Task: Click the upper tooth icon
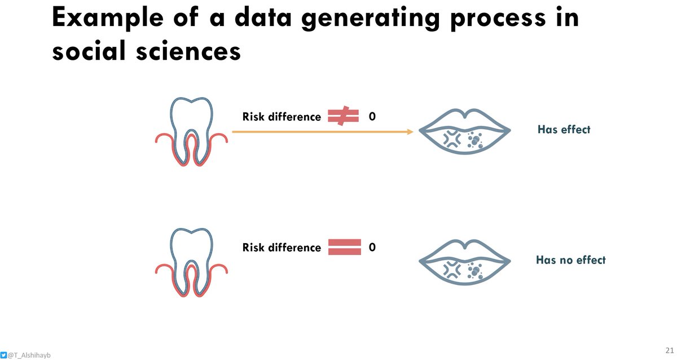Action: tap(192, 131)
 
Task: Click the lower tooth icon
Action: tap(192, 262)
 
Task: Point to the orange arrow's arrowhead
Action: tap(410, 131)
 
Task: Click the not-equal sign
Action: tap(343, 116)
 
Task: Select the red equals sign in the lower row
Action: tap(344, 247)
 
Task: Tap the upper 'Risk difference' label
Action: tap(282, 117)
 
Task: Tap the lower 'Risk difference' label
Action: tap(282, 247)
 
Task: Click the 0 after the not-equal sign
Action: tap(372, 117)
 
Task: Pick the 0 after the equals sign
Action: tap(372, 247)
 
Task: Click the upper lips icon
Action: tap(465, 133)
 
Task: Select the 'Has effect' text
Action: tap(564, 129)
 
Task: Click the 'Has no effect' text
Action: tap(570, 260)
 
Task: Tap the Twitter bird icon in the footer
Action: tap(4, 355)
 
